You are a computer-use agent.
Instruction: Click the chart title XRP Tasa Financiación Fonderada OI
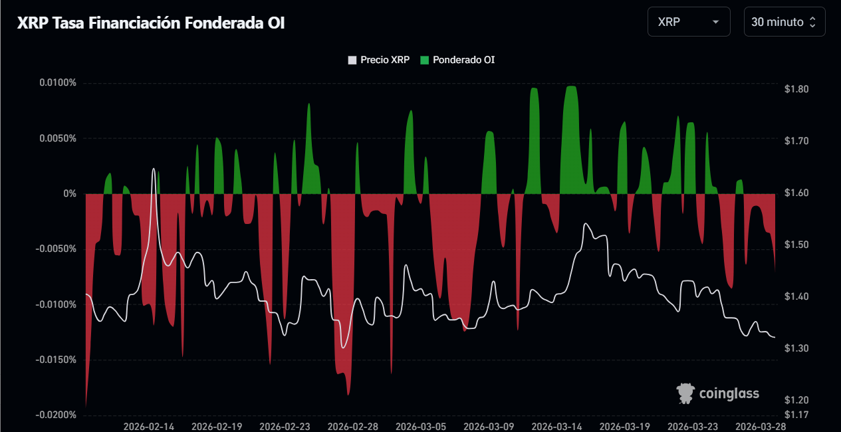click(150, 23)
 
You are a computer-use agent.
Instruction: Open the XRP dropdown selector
click(688, 22)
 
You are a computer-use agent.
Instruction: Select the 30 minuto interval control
click(784, 22)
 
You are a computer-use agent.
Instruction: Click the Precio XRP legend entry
click(379, 60)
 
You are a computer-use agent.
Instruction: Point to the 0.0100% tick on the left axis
click(58, 83)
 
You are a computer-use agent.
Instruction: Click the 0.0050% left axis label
click(58, 138)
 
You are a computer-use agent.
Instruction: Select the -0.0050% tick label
click(57, 249)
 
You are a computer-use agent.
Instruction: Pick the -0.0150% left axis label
click(57, 360)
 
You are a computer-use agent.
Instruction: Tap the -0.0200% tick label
click(57, 415)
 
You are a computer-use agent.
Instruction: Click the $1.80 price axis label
click(796, 89)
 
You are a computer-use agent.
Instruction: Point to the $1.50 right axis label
click(796, 245)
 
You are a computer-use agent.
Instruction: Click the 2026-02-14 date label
click(149, 426)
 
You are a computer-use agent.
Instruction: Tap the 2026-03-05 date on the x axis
click(421, 426)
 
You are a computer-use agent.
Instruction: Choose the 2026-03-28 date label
click(762, 426)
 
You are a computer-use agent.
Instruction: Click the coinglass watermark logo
click(718, 393)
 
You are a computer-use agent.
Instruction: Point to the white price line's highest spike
click(154, 169)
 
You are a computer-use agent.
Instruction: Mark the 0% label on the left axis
click(70, 193)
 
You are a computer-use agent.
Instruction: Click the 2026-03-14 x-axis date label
click(557, 426)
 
